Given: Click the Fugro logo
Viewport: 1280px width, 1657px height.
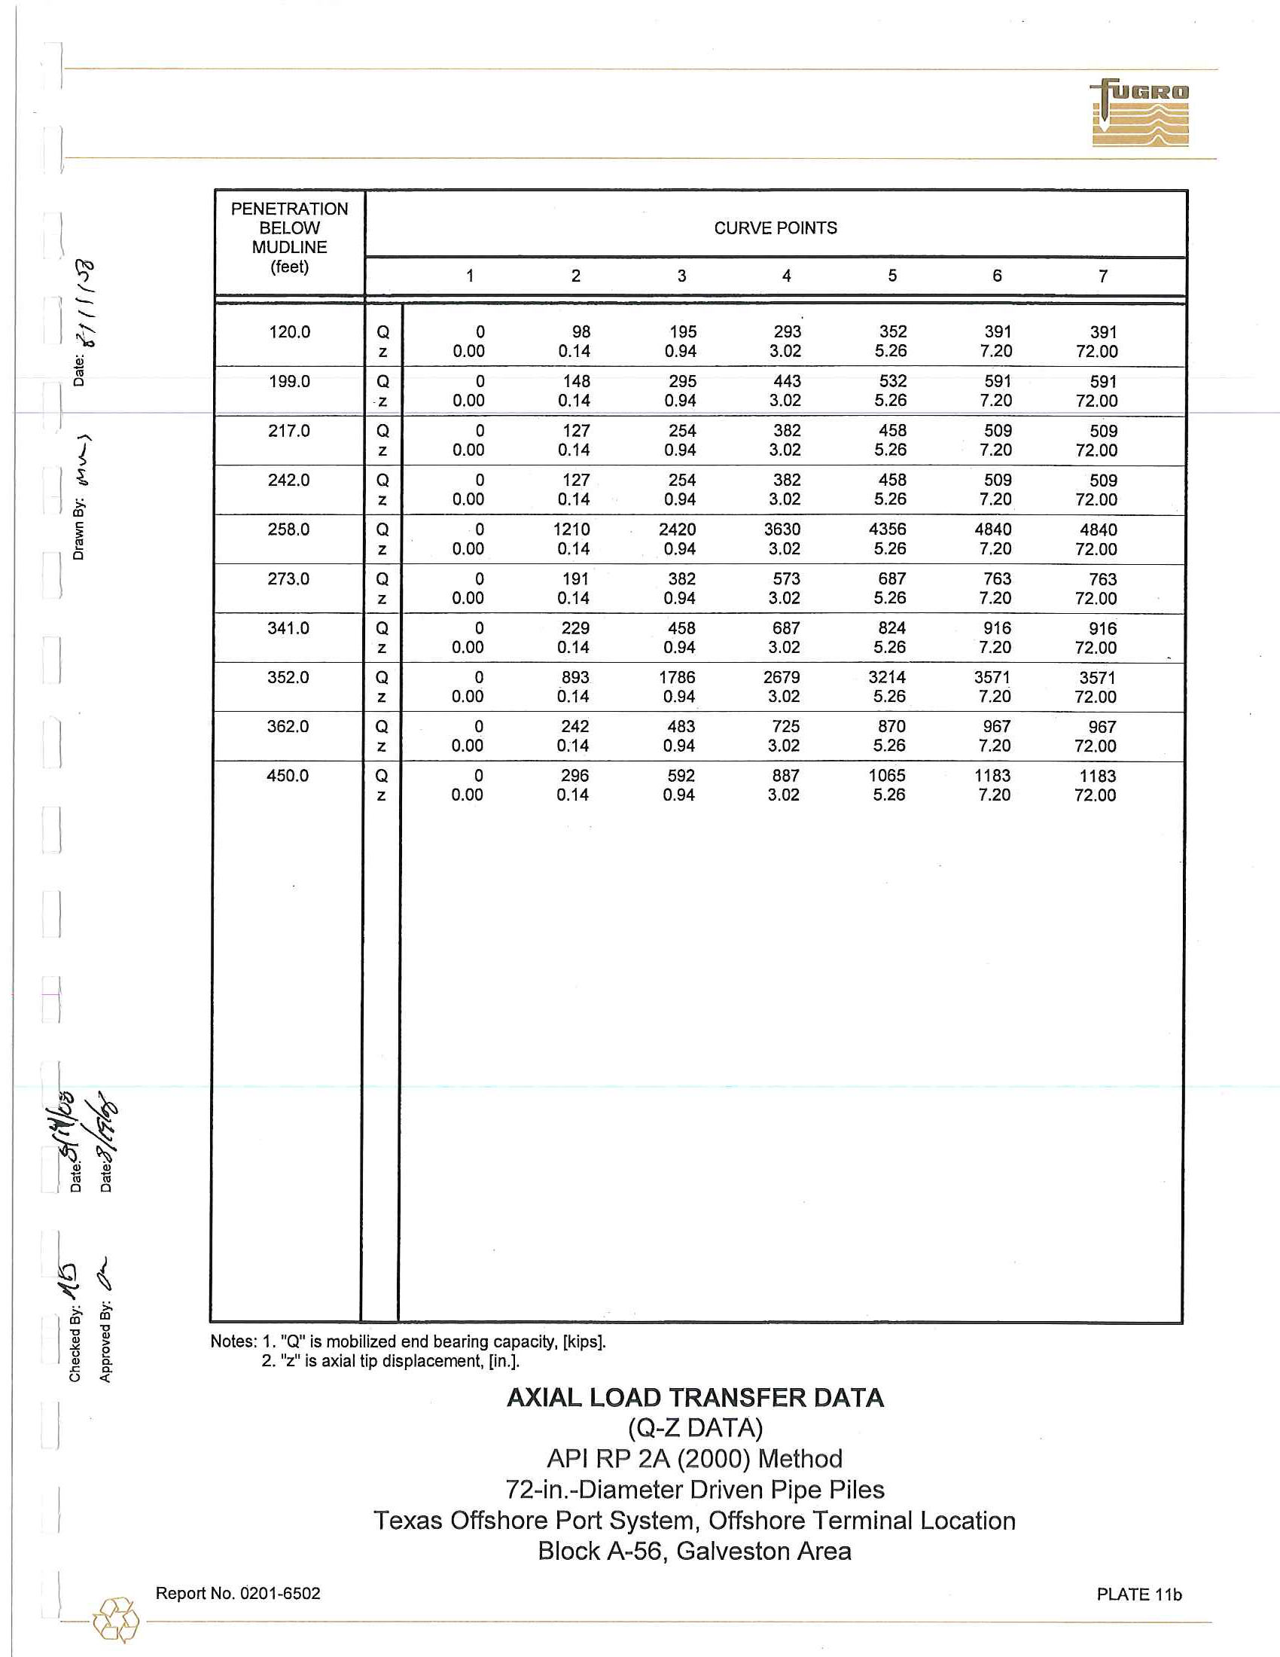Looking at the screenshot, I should [1141, 113].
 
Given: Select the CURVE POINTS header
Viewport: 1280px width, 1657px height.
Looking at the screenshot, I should [775, 228].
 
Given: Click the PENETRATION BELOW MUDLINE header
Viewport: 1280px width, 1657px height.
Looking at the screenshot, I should [290, 237].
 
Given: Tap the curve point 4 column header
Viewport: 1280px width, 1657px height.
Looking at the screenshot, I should [786, 276].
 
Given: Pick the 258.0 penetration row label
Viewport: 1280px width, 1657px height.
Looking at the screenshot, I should [289, 529].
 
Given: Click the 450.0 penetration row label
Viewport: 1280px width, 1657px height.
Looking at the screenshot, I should [288, 775].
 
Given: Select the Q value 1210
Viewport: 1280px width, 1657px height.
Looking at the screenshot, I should [571, 529].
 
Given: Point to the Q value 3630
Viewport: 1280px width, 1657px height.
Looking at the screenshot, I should [782, 529].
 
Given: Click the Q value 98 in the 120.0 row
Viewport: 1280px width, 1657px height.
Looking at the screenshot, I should [581, 332].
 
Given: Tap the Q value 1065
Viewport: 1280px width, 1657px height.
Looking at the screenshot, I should [886, 775].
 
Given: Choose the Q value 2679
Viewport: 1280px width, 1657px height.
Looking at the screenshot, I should [781, 678].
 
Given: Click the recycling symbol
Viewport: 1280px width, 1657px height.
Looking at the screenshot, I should [116, 1619].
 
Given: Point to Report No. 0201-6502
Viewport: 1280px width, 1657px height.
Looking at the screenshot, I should [238, 1593].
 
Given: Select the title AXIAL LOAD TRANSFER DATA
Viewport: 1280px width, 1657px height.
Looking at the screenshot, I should [695, 1397].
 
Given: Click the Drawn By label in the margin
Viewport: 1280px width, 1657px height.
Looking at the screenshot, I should [78, 529].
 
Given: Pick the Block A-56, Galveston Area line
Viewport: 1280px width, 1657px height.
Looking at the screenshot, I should [694, 1551].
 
